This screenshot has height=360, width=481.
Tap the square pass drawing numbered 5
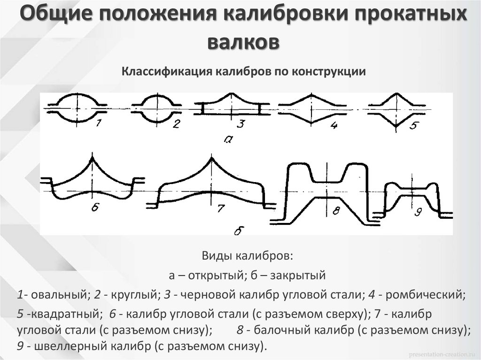(x=397, y=108)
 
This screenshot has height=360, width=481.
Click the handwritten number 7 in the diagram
(x=220, y=209)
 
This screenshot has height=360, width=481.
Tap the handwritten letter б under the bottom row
(x=239, y=230)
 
